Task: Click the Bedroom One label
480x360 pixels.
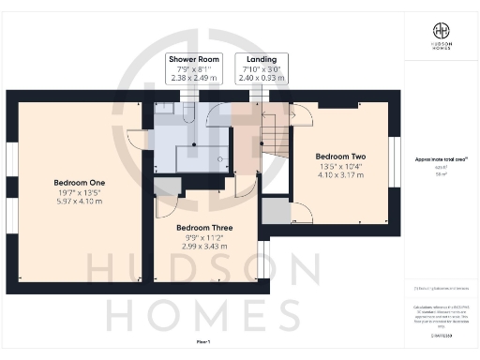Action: point(72,181)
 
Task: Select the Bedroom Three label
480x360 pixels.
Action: point(203,228)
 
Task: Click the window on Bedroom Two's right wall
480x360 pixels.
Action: point(394,154)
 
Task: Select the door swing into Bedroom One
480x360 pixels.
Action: point(136,139)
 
